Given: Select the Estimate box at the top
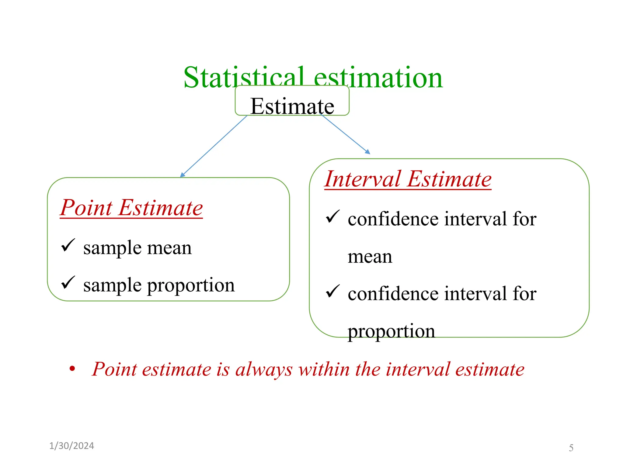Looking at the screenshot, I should pyautogui.click(x=292, y=101).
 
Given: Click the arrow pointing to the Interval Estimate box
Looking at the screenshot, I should pyautogui.click(x=345, y=134).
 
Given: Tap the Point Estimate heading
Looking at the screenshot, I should pyautogui.click(x=131, y=208).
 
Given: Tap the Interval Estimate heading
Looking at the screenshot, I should pyautogui.click(x=408, y=179).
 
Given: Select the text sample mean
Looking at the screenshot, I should pyautogui.click(x=137, y=248).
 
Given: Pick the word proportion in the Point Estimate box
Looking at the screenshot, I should pyautogui.click(x=191, y=286).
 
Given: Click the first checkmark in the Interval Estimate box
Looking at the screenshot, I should pyautogui.click(x=332, y=216).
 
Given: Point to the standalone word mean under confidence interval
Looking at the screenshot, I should pyautogui.click(x=370, y=257).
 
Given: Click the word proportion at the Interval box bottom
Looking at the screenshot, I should pyautogui.click(x=391, y=331).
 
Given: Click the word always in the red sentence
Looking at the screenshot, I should pyautogui.click(x=264, y=370).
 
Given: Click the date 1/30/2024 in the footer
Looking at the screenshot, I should pyautogui.click(x=71, y=446).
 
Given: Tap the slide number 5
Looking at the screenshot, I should pyautogui.click(x=571, y=448).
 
